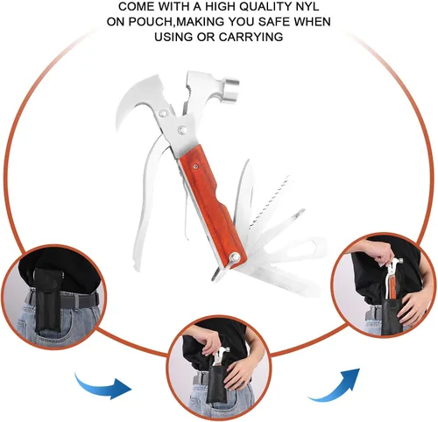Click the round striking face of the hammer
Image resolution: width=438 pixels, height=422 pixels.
coord(232,87)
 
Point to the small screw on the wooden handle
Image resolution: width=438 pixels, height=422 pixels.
coord(195,166)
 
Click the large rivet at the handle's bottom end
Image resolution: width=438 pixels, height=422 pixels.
coord(235,257)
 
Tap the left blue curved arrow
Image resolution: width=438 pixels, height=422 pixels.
coord(102,385)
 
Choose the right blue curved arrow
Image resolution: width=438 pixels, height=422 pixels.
coord(335,384)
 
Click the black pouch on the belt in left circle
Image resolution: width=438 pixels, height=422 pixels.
coord(47,300)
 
